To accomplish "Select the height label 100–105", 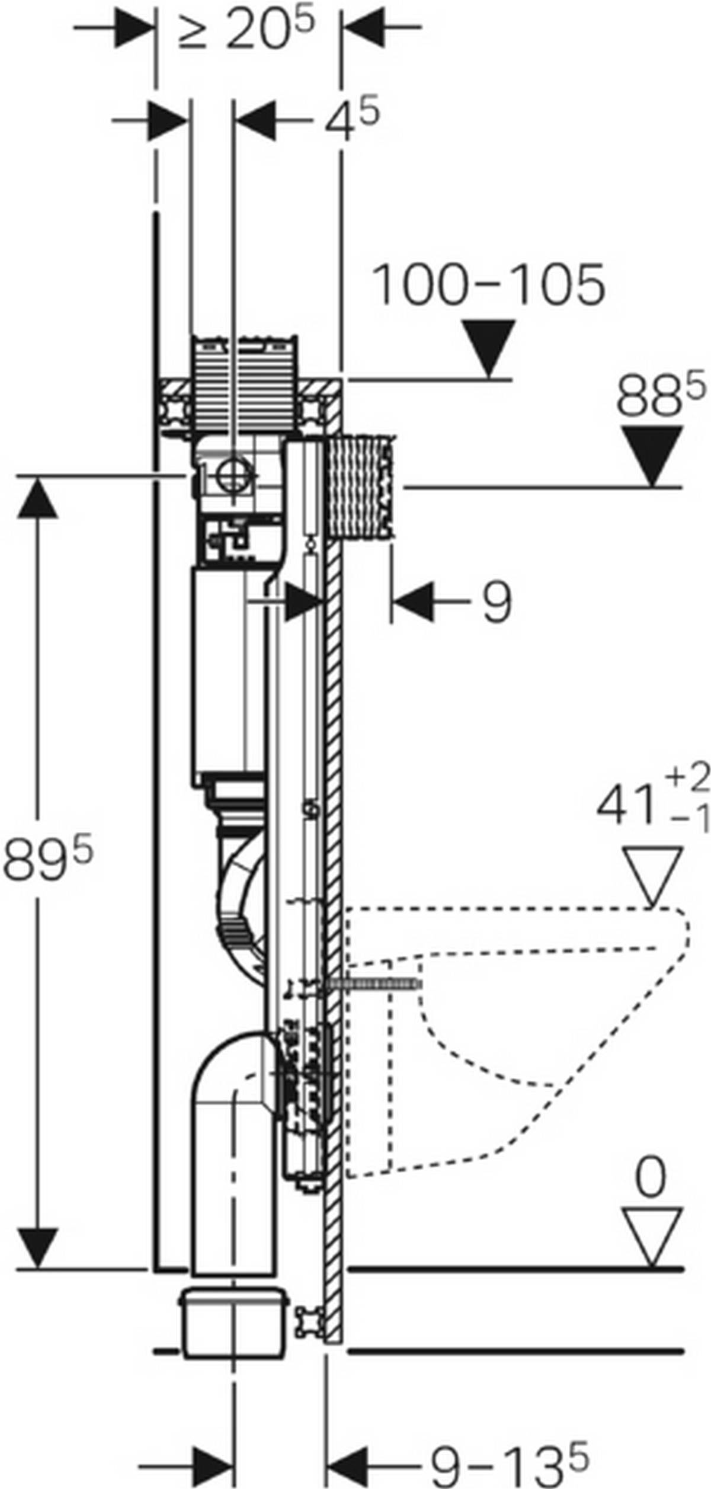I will pyautogui.click(x=488, y=286).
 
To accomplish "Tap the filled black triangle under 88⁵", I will pyautogui.click(x=654, y=454).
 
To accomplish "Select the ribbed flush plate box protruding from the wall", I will pyautogui.click(x=361, y=486).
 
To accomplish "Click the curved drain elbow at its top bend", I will pyautogui.click(x=237, y=1061).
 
